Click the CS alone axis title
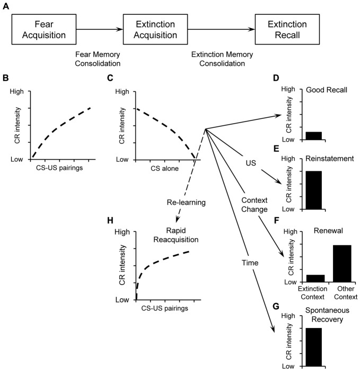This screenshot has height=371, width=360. (165, 169)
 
